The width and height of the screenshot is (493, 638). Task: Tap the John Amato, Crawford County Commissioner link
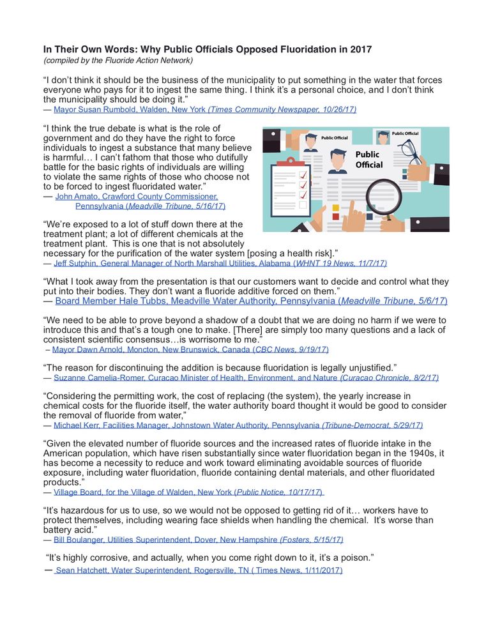pos(136,197)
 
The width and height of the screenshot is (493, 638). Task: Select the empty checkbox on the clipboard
pos(303,205)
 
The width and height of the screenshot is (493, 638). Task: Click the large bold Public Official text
pos(369,160)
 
